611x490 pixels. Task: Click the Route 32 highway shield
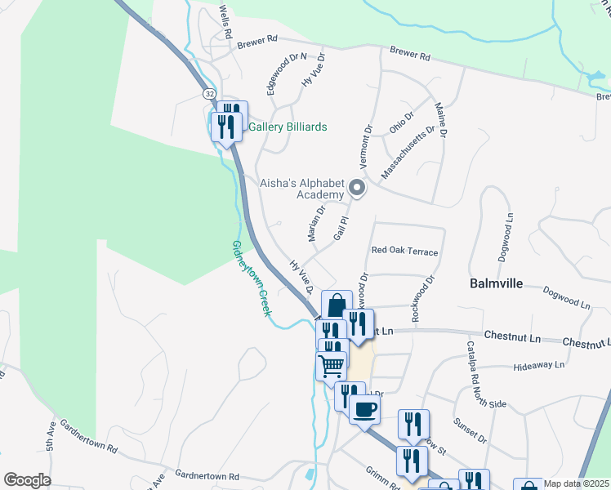coord(210,94)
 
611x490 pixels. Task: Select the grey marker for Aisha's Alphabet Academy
coord(357,189)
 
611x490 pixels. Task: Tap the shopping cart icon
coord(331,365)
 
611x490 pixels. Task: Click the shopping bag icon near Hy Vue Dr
coord(337,306)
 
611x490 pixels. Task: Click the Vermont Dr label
coord(365,145)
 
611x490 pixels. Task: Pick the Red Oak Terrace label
coord(404,252)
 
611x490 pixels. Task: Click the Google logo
coord(27,480)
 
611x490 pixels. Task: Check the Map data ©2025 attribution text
coord(576,483)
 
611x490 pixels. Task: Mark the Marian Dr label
coord(317,222)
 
